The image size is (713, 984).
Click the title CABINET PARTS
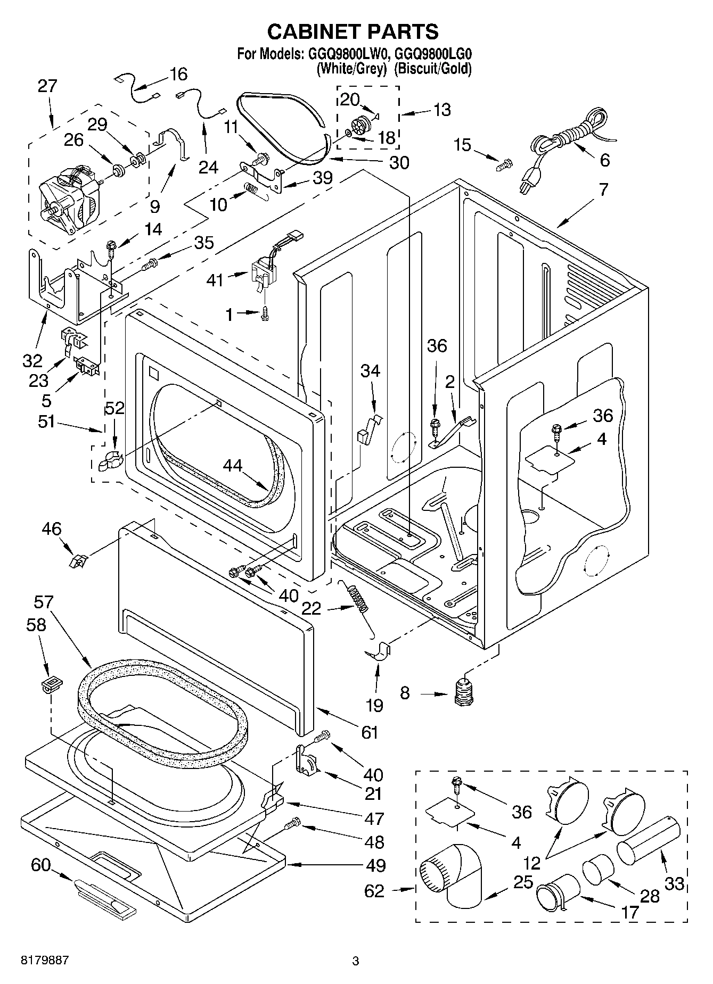[x=353, y=32]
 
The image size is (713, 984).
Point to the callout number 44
[x=233, y=466]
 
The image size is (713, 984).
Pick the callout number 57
[x=44, y=602]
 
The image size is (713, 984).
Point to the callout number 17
[x=629, y=913]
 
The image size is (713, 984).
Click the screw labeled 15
[x=503, y=166]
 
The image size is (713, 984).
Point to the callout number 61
[x=368, y=732]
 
